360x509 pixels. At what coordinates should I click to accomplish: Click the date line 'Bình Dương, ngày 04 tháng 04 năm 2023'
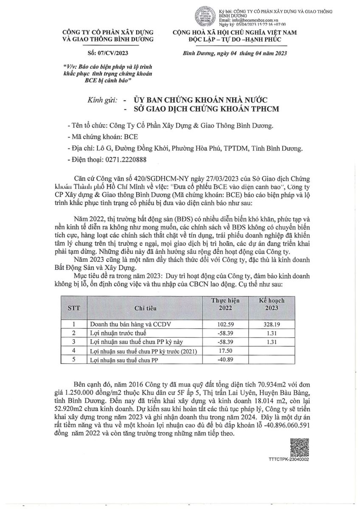click(235, 53)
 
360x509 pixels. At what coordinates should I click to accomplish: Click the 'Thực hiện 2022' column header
click(225, 304)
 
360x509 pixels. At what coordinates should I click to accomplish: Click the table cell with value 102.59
click(225, 323)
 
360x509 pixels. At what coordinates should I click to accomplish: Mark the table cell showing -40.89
click(225, 360)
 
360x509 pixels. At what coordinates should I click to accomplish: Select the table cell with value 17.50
click(225, 351)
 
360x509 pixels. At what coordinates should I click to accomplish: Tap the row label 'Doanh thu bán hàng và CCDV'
click(126, 323)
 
